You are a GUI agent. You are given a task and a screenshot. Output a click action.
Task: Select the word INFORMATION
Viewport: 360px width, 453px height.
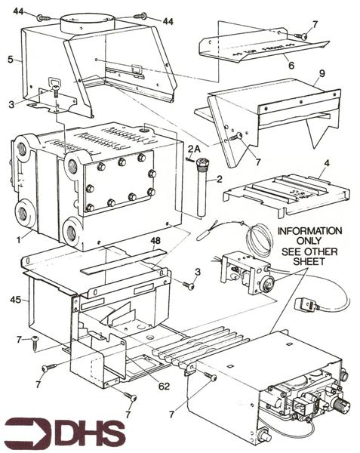click(309, 230)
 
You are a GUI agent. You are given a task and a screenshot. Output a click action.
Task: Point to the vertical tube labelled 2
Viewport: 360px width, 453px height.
click(202, 189)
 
